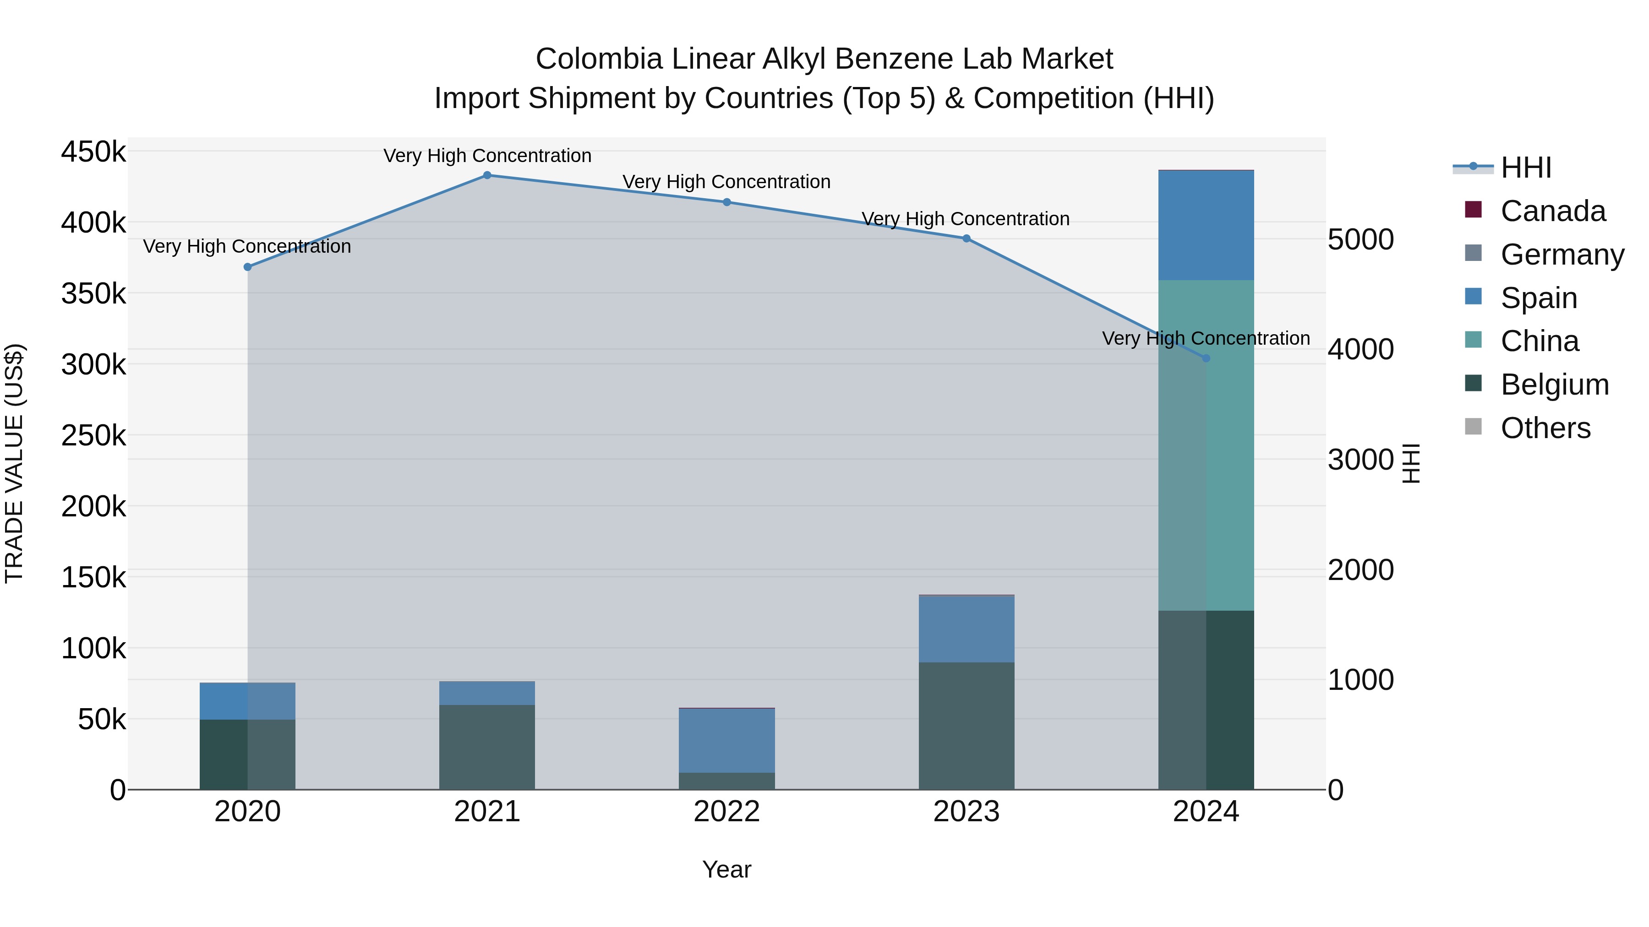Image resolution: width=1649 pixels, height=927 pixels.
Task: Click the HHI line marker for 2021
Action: (487, 175)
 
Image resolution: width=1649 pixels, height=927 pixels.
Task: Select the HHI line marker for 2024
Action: (1206, 358)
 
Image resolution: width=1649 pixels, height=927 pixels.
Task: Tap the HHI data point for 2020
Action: (248, 267)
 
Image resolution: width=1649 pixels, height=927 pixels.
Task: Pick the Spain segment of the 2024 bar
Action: (1206, 225)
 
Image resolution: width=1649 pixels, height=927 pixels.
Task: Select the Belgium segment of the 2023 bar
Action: (966, 726)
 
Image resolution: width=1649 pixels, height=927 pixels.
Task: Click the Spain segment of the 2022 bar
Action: (726, 740)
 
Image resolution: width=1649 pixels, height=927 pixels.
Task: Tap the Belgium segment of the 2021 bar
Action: (487, 747)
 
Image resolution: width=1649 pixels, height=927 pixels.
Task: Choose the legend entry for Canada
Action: (1552, 211)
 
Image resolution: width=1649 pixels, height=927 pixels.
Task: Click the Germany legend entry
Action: (1562, 255)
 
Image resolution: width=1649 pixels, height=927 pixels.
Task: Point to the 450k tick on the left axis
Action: (93, 152)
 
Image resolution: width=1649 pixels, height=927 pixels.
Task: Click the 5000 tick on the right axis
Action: (1360, 240)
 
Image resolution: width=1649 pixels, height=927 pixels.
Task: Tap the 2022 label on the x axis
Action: (726, 812)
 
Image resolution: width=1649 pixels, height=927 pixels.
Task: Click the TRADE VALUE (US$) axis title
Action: (14, 463)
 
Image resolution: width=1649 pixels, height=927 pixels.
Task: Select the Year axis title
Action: (726, 869)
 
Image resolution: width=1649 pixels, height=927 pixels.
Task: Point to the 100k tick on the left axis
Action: (93, 649)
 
